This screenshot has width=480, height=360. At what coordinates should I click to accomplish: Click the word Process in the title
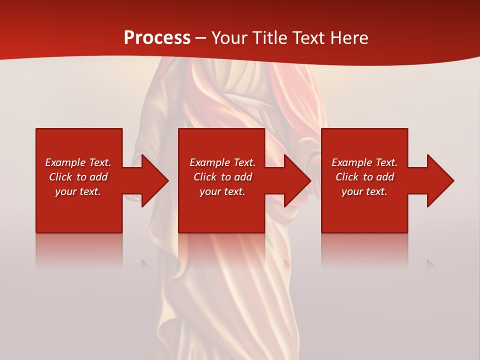(157, 38)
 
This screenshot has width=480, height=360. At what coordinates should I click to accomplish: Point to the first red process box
(79, 215)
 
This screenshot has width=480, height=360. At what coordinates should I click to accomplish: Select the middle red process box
(221, 215)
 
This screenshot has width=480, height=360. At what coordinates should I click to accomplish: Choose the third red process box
(364, 215)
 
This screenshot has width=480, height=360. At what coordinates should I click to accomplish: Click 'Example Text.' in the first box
(78, 162)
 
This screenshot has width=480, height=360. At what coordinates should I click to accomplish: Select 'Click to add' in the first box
(78, 177)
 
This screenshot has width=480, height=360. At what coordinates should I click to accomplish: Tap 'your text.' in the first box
(78, 191)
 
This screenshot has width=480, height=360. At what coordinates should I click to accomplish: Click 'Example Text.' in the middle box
(222, 162)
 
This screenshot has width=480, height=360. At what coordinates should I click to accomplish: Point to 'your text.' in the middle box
(222, 191)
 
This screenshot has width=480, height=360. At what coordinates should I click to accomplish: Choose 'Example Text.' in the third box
(364, 162)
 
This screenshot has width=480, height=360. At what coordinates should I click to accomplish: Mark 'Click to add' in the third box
(364, 177)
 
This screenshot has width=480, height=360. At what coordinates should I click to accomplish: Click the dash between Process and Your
(201, 38)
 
